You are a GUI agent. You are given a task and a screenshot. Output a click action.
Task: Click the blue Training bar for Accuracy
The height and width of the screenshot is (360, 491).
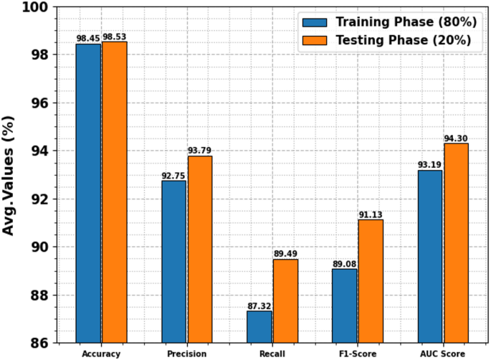[x=88, y=194]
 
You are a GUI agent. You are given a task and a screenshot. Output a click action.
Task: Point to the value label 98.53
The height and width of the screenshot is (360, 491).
[x=115, y=35]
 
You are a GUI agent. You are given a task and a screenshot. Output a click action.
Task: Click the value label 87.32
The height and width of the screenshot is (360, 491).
[x=259, y=305]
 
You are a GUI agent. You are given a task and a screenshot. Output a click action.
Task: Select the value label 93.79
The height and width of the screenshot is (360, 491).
[x=200, y=150]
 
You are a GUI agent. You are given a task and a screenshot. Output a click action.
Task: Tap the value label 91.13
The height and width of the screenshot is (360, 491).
[x=371, y=214]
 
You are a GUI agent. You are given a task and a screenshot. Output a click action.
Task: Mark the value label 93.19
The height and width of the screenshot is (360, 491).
[x=429, y=164]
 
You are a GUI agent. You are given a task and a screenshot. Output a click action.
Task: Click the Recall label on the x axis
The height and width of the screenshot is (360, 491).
[x=272, y=354]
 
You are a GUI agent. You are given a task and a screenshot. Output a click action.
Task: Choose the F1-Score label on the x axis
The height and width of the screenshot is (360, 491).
[x=357, y=354]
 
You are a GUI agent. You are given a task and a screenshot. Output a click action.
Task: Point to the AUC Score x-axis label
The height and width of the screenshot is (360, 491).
[x=442, y=354]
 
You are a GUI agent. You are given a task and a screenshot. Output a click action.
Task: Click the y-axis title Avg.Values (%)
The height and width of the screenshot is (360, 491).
[x=10, y=175]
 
